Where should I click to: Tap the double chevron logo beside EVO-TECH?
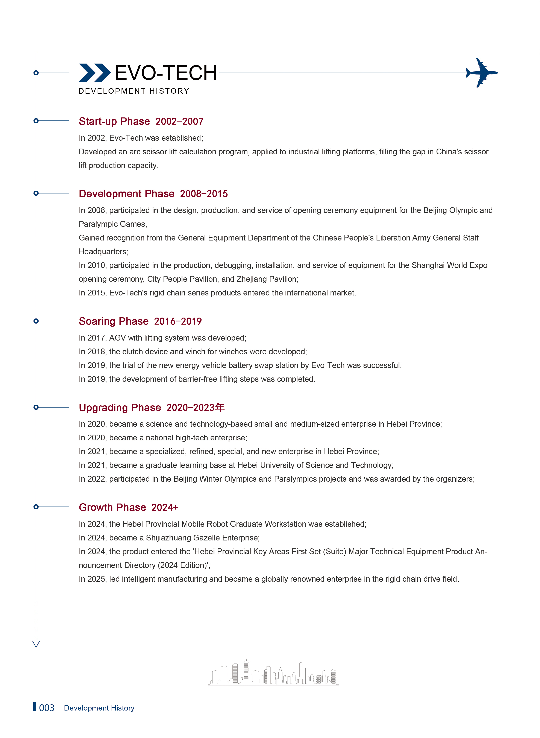94,73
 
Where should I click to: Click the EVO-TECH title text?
165,73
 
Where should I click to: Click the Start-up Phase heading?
114,121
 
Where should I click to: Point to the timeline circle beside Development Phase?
36,193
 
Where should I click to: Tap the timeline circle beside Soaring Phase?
36,321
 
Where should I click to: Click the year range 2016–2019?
178,321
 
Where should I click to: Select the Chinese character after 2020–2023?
220,407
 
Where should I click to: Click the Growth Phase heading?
112,507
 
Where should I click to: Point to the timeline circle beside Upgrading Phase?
36,407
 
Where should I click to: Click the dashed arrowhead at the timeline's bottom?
36,644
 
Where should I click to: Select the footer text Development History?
99,708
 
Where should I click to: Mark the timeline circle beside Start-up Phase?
36,121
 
